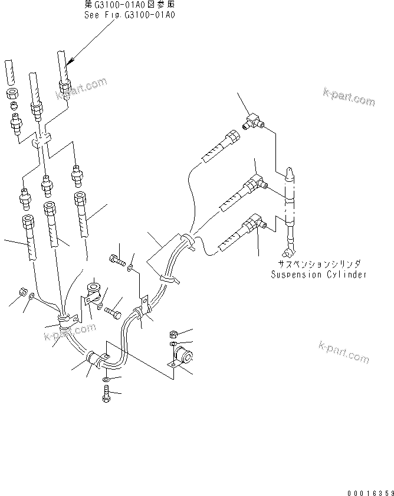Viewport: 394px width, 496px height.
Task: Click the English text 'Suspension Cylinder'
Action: point(319,275)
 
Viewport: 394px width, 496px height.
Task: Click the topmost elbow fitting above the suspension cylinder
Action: point(253,121)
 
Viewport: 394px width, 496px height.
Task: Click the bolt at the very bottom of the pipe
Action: point(106,394)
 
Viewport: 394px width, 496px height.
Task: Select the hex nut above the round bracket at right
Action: point(174,334)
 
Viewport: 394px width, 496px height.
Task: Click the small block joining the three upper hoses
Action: point(40,141)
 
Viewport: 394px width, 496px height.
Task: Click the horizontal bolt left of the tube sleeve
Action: point(116,258)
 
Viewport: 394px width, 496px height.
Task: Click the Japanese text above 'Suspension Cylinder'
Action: point(319,265)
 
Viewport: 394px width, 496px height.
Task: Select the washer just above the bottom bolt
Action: point(105,379)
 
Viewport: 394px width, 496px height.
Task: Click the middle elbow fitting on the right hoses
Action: point(255,180)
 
